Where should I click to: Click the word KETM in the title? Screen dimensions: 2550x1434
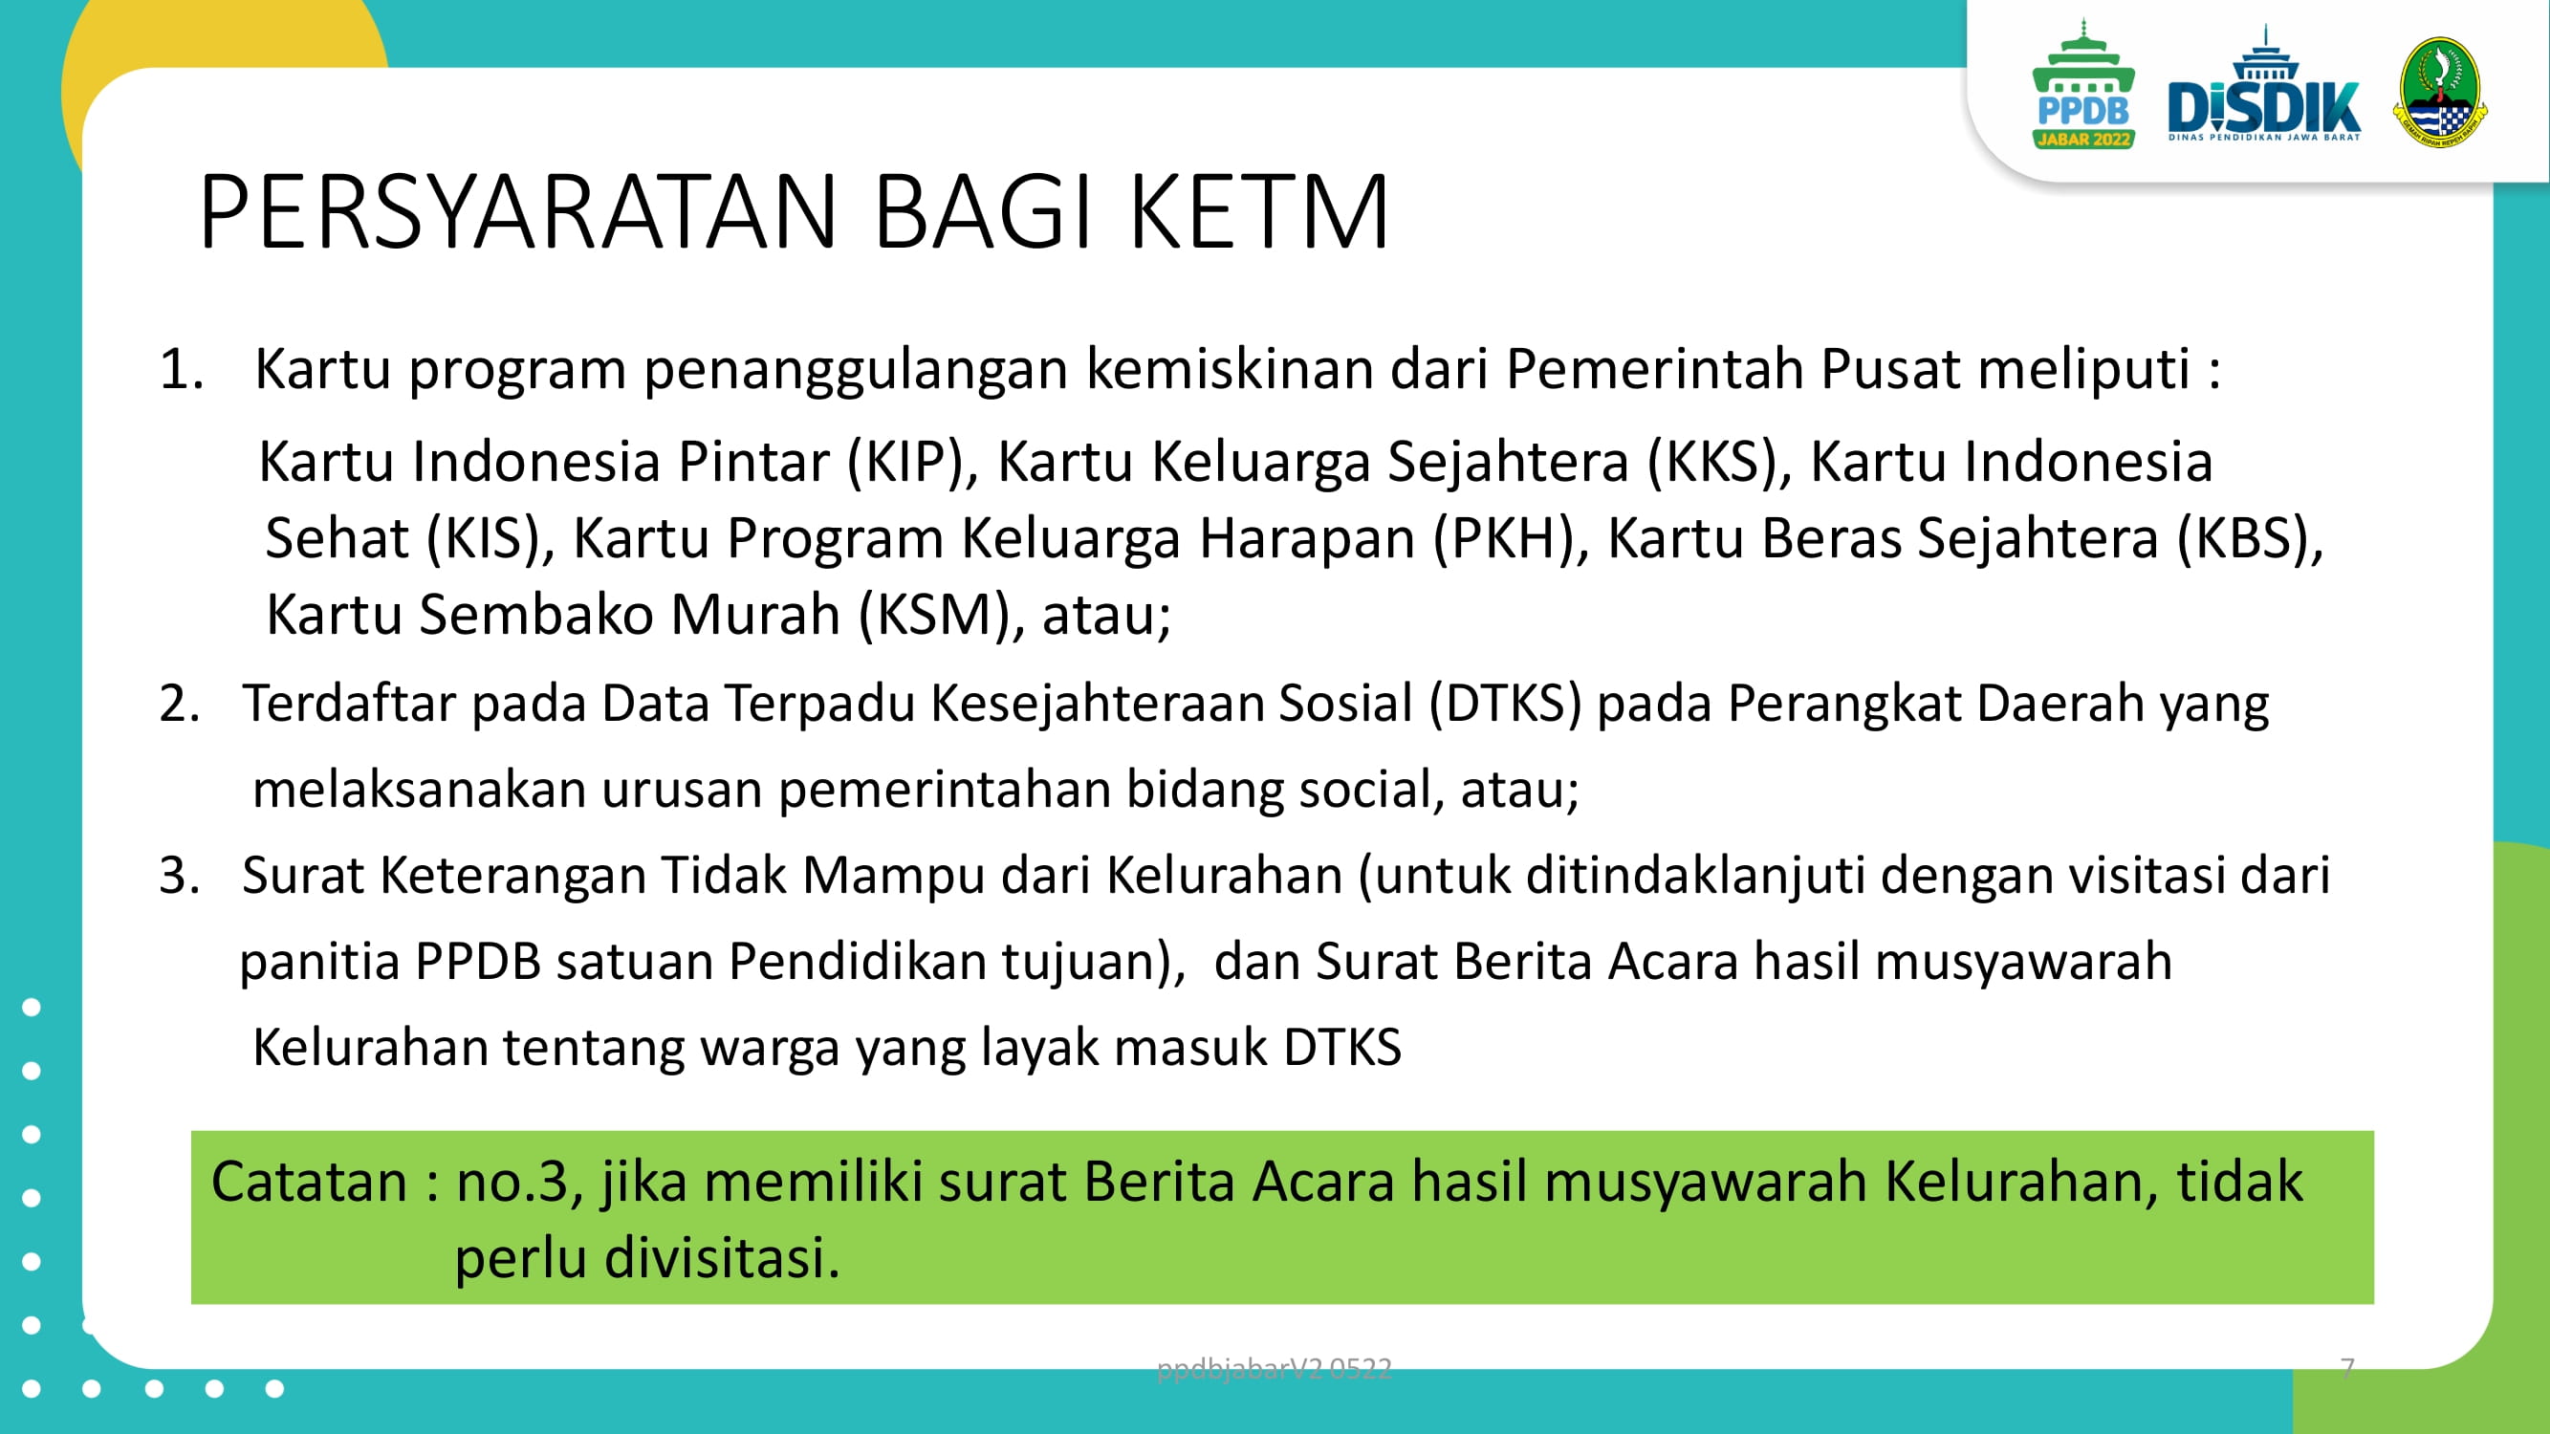(1260, 210)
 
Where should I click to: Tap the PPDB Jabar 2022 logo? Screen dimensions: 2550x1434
(2083, 85)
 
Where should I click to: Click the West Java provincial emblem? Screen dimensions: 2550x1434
(2440, 91)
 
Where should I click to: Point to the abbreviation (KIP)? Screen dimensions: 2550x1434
(905, 462)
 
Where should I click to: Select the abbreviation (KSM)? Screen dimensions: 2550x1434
(933, 616)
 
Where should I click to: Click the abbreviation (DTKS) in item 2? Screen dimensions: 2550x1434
(1505, 704)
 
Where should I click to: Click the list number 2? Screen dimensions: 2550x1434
(179, 704)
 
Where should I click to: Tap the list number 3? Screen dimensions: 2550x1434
(179, 876)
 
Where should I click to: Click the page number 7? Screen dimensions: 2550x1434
(2347, 1368)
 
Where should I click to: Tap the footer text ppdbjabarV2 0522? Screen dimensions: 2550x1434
(1274, 1369)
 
